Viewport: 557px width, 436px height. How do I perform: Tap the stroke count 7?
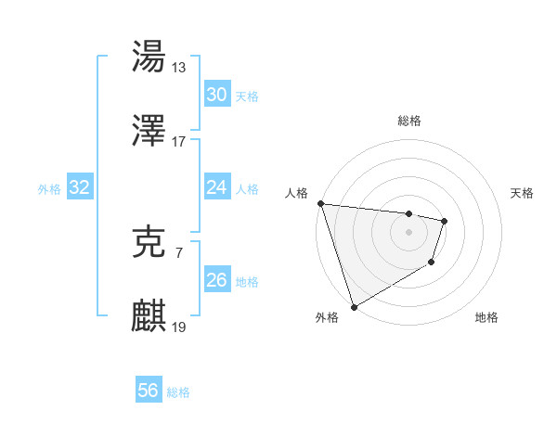click(178, 250)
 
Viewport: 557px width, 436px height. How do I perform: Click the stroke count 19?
click(179, 327)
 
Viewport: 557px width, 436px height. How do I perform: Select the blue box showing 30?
click(216, 95)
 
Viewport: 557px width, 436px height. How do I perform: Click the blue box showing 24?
click(216, 188)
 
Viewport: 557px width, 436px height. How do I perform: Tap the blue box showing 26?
click(216, 280)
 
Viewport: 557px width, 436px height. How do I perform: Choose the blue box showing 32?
click(80, 188)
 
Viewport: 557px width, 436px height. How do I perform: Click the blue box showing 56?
click(148, 391)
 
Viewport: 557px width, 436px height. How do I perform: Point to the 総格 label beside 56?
click(178, 392)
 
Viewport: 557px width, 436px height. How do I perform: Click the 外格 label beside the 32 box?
click(49, 189)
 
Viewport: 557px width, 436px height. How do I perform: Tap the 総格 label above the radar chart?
click(408, 121)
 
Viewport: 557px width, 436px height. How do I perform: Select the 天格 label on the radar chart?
click(523, 193)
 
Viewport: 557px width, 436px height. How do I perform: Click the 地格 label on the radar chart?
click(486, 317)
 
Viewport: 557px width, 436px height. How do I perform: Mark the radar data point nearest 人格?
click(320, 203)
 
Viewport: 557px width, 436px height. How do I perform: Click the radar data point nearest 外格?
click(354, 306)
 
